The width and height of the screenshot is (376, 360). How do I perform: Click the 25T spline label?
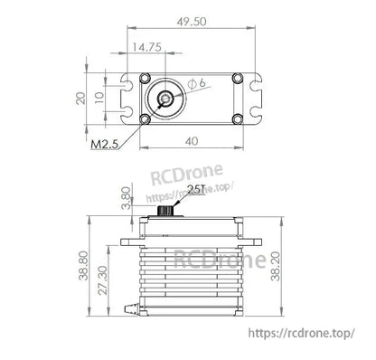click(196, 191)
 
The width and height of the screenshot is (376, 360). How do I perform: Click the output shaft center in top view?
click(167, 98)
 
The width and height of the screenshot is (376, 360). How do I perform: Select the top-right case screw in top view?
click(236, 78)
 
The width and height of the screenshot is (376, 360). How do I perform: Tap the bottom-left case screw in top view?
click(145, 118)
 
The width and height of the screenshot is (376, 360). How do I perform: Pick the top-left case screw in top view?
click(145, 78)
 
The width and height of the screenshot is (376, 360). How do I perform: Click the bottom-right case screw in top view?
click(236, 118)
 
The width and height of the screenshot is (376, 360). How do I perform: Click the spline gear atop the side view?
click(166, 210)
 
